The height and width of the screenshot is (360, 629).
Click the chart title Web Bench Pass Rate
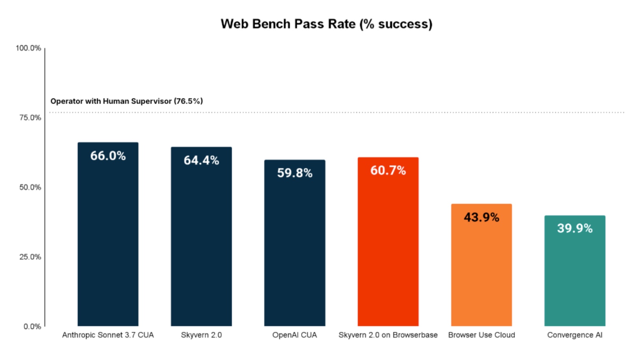point(326,24)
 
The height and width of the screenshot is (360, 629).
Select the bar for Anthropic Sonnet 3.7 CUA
point(108,234)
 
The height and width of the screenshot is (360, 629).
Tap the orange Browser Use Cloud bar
point(482,265)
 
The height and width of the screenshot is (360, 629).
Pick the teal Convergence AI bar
point(575,271)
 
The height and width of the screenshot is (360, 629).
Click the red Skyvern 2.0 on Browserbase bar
point(388,242)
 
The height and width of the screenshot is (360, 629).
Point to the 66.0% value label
point(108,156)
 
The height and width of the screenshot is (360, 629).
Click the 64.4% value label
point(201,160)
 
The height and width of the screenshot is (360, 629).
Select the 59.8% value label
point(295,173)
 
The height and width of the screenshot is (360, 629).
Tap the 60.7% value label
point(388,171)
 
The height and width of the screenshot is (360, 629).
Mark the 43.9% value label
point(482,217)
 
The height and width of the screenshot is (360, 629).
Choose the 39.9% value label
point(575,228)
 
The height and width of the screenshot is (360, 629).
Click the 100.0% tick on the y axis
point(28,48)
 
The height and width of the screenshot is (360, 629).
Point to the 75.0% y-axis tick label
point(30,118)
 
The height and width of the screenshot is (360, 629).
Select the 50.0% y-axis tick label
point(30,187)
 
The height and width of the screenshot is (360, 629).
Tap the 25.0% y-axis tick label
point(30,257)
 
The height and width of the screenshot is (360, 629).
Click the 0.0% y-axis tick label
point(32,327)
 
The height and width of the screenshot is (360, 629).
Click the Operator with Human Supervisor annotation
point(127,101)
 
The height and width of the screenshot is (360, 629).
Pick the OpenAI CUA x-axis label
point(294,335)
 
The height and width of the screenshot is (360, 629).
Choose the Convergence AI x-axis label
point(575,335)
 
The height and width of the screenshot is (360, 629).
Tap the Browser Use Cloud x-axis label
point(482,335)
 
